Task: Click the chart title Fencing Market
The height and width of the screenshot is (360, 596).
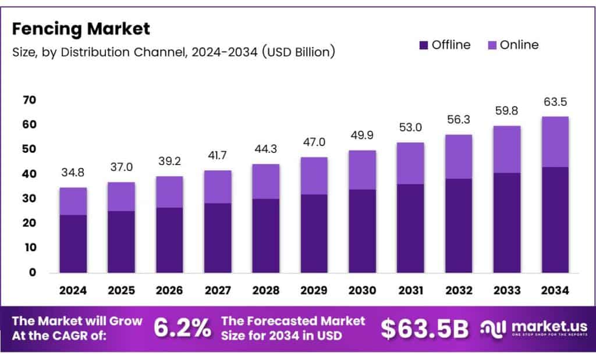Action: coord(81,28)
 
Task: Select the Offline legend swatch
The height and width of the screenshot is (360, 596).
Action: coord(424,45)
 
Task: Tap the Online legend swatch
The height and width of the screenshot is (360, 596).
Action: coord(492,45)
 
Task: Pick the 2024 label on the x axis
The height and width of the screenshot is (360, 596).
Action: coord(73,290)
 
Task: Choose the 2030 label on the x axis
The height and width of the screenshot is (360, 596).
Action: coord(362,290)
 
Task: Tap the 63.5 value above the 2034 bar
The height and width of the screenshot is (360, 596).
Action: coord(555,103)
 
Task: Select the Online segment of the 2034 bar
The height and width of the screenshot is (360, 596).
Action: coord(555,142)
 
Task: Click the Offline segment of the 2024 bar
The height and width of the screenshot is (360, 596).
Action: coord(73,244)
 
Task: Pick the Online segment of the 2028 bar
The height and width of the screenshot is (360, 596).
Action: coord(265,181)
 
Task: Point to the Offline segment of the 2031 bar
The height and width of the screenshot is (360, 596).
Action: coord(410,229)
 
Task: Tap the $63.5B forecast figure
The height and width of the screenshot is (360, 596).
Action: coord(424,329)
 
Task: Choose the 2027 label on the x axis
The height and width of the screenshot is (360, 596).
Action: coord(217,290)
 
